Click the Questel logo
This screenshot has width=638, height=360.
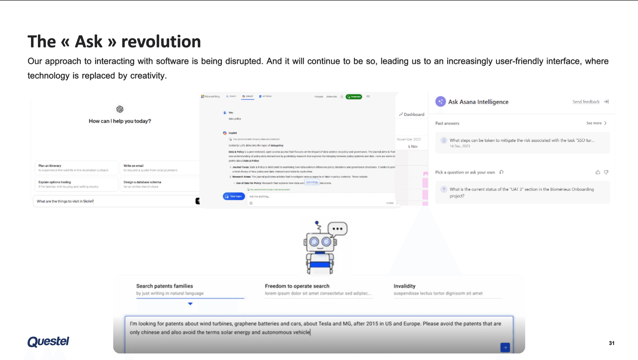click(x=48, y=342)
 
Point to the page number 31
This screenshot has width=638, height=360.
click(x=612, y=343)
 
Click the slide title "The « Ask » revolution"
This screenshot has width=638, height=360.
click(x=114, y=41)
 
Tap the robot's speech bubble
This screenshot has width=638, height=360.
click(x=337, y=229)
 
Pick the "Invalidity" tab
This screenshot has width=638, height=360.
click(x=404, y=286)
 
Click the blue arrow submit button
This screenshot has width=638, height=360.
click(x=505, y=348)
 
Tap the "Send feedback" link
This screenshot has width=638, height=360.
click(x=586, y=102)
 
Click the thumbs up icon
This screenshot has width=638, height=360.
click(x=598, y=172)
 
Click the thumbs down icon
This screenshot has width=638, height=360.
click(x=606, y=172)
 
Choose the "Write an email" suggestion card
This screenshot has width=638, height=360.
click(x=159, y=168)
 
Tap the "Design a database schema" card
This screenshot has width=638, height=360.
click(x=159, y=184)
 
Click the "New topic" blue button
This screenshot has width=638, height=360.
click(x=233, y=196)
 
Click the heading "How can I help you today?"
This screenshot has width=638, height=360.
click(x=120, y=121)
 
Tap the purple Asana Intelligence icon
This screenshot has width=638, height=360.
click(x=440, y=102)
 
